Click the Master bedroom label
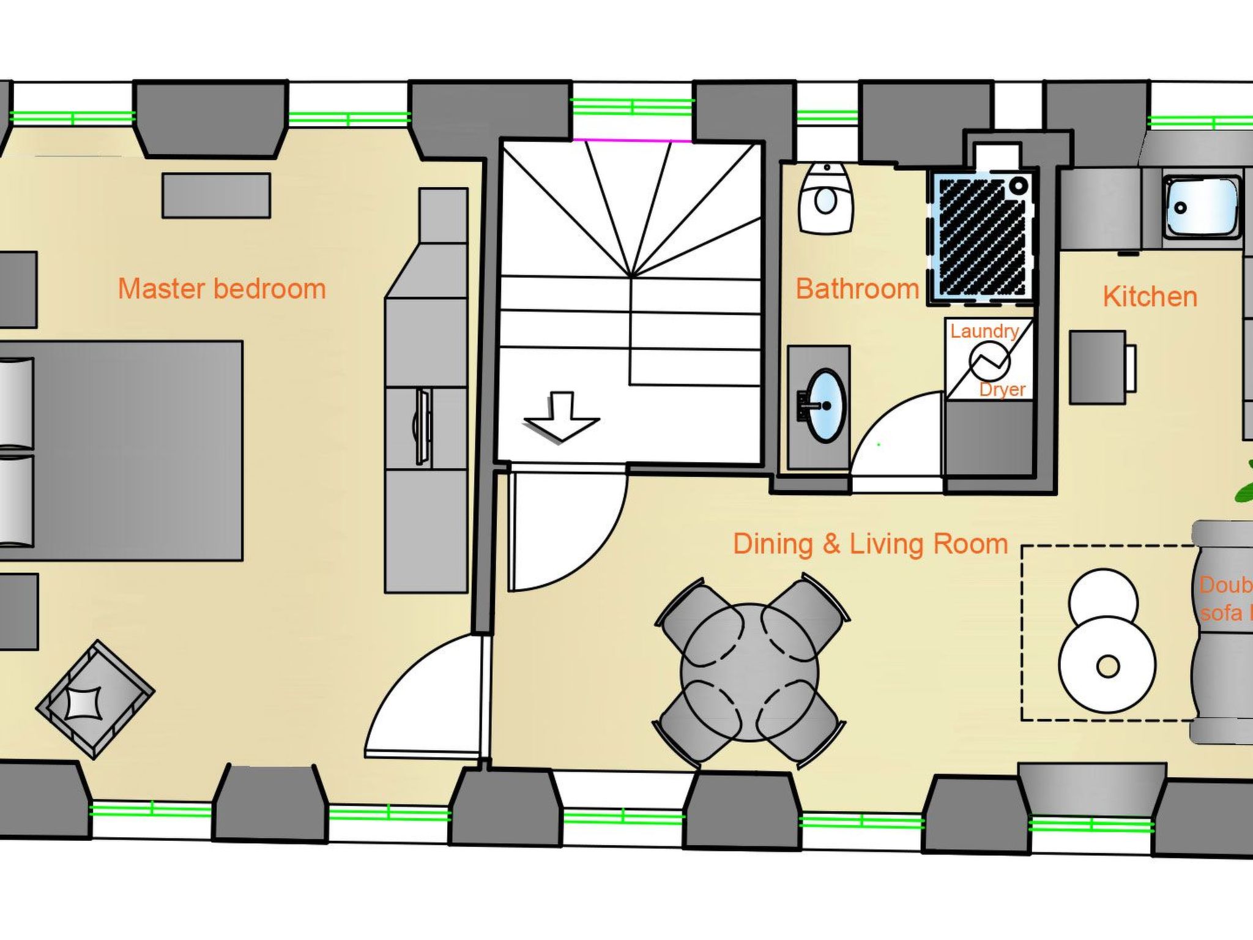221,289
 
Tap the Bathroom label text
857,289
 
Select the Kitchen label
1150,297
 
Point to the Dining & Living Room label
870,544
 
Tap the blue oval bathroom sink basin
827,405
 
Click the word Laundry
984,331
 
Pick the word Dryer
1002,389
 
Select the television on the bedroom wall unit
422,427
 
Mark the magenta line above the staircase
633,140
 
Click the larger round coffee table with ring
1107,665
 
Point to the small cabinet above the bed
216,195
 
